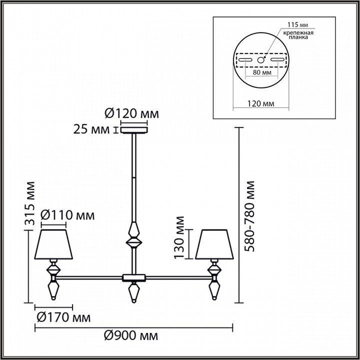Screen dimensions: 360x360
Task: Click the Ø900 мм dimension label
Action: click(131, 336)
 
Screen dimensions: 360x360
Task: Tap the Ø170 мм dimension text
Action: click(63, 318)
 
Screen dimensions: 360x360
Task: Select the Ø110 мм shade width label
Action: click(67, 215)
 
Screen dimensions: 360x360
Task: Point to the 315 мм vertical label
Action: click(30, 203)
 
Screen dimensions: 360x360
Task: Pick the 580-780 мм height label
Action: click(249, 216)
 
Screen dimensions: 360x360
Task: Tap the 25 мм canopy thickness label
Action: click(91, 129)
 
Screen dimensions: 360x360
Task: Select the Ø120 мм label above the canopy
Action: click(132, 113)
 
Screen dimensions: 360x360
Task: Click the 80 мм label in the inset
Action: click(262, 72)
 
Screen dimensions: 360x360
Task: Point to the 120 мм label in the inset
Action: click(260, 104)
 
